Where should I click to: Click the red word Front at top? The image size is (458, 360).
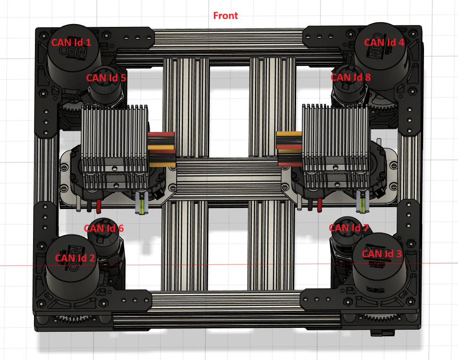pos(226,16)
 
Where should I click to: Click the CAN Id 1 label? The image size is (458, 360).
pos(71,42)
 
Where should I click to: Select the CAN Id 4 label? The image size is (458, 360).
pos(384,42)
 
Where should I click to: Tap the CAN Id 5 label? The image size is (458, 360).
pos(106,78)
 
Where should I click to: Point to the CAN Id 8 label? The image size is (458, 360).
pos(350,77)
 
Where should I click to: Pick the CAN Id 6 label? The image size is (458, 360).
pos(104,228)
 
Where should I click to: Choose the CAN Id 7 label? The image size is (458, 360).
pos(349,228)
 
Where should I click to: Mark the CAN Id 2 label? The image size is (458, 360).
pos(75,258)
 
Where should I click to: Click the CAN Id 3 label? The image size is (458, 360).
pos(382,254)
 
